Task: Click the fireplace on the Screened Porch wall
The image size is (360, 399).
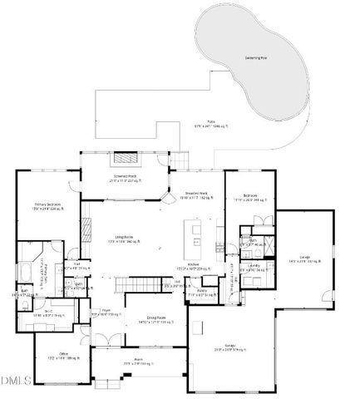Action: tap(125, 158)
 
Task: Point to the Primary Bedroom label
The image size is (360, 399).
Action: tap(47, 206)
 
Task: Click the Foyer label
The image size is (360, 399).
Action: tap(101, 313)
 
